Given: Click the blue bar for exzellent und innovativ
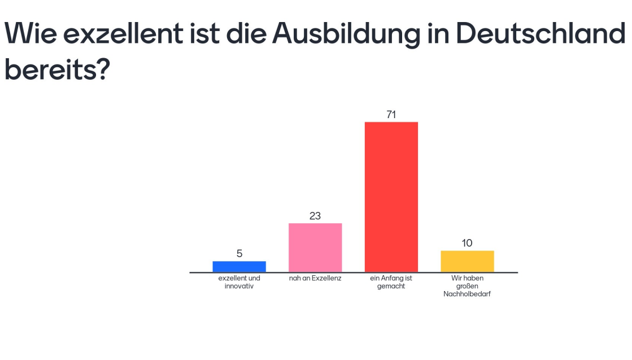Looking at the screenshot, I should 239,267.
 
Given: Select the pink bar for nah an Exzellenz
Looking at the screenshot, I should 315,248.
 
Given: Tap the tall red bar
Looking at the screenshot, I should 391,197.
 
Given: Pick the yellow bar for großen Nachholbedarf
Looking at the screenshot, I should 467,261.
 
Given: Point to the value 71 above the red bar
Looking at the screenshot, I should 391,115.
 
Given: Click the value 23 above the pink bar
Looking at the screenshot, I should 315,216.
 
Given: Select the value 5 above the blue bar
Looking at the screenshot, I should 239,254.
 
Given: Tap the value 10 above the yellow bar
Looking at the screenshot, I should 467,243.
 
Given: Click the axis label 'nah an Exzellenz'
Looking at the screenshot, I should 315,279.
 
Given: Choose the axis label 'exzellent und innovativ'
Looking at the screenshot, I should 239,282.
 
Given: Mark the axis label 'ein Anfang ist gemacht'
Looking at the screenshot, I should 391,282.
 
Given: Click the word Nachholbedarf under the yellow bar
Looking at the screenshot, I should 467,294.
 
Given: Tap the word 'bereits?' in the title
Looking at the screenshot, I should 56,70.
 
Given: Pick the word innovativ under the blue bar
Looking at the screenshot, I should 239,286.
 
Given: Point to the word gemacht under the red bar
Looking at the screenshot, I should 391,286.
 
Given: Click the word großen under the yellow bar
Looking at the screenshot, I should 467,286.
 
